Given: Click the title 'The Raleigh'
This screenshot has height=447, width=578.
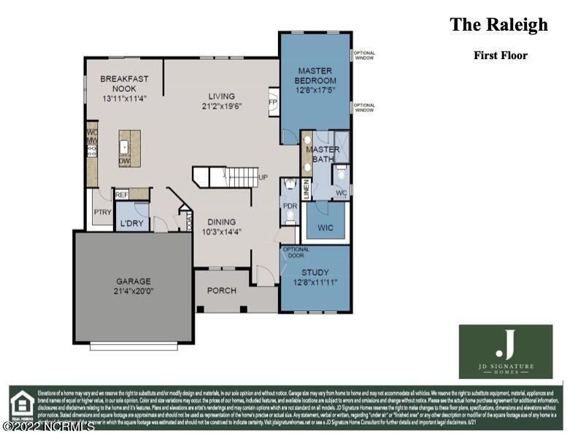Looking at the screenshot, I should coord(498,25).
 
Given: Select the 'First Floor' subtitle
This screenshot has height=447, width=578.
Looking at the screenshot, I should coord(500,55).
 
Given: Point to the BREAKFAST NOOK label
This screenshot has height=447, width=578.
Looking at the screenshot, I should coord(124,83).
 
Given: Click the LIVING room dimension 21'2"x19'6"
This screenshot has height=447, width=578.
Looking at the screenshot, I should coord(221,106).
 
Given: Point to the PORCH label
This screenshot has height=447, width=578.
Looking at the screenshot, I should coord(222,291).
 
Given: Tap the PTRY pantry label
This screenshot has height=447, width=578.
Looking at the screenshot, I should coord(102,213).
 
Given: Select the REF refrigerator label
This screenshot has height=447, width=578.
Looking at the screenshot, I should coord(122,195).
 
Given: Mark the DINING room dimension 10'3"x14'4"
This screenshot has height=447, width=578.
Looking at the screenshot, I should coord(221,232).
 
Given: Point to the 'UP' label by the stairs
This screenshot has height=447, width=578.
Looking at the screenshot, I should coord(263,177).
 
